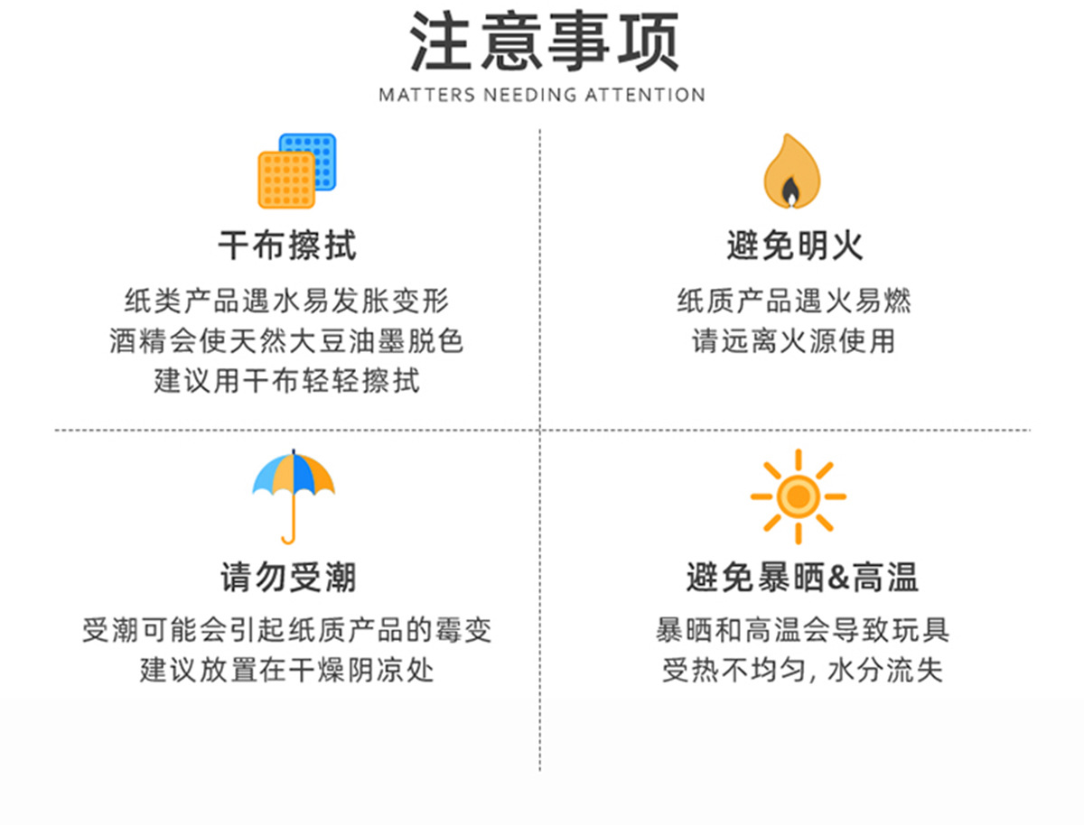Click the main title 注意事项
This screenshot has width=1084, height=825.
[543, 42]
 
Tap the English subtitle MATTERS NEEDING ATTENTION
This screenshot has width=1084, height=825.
[542, 95]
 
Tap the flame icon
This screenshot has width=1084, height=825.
[791, 172]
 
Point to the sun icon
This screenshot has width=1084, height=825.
[798, 496]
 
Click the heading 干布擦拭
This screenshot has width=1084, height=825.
[287, 245]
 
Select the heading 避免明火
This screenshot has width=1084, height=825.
[795, 245]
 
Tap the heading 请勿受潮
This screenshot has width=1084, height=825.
[288, 577]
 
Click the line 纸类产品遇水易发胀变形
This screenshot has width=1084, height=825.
[286, 301]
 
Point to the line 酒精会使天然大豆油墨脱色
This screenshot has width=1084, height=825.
[286, 341]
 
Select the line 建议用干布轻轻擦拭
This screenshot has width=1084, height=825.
[286, 381]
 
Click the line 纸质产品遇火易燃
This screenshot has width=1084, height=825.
[794, 301]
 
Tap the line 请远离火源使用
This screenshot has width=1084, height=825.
[794, 341]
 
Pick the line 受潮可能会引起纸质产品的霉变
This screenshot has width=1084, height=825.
[287, 630]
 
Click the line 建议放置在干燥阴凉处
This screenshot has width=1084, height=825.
[287, 672]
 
